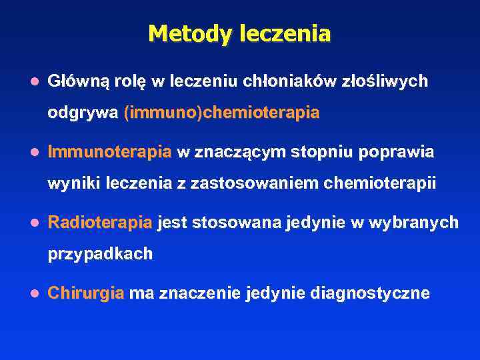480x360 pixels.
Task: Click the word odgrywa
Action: coord(83,113)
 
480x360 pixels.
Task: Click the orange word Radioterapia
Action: coord(101,222)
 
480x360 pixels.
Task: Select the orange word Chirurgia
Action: coord(86,293)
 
